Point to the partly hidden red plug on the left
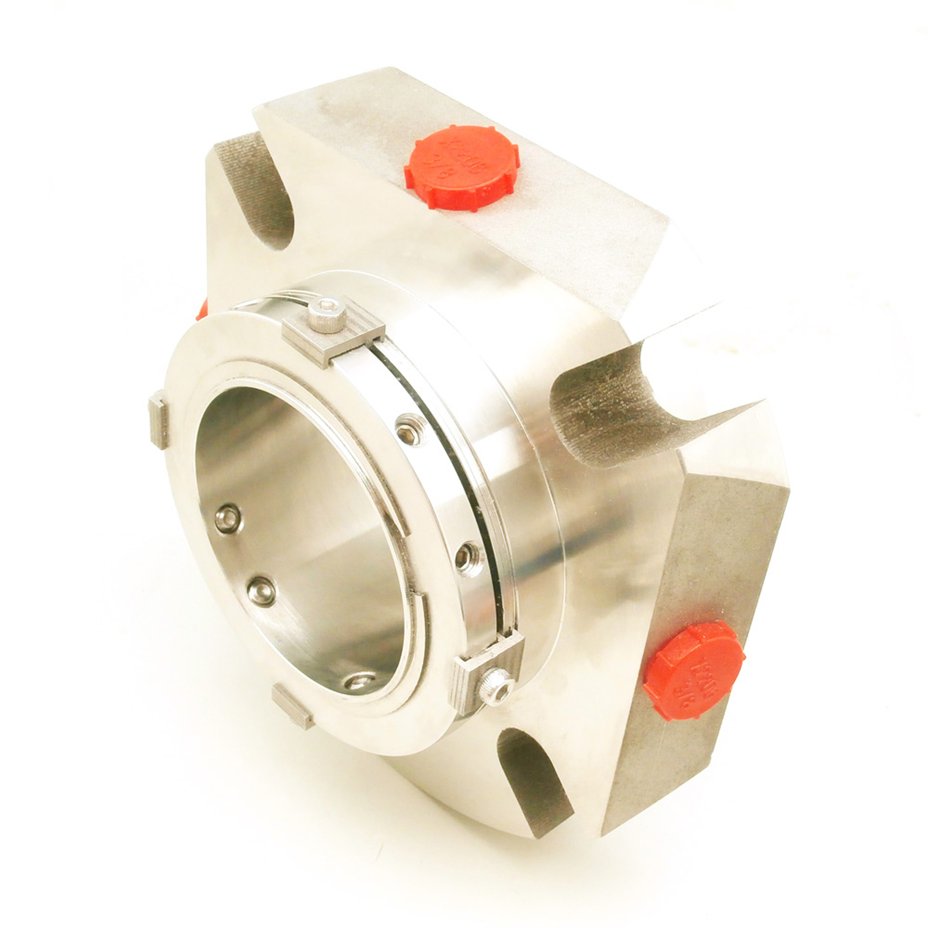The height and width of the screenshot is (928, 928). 202,310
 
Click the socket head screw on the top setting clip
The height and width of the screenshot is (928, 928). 327,315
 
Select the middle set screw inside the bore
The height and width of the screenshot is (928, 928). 262,591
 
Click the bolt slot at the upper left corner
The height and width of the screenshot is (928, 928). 259,192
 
